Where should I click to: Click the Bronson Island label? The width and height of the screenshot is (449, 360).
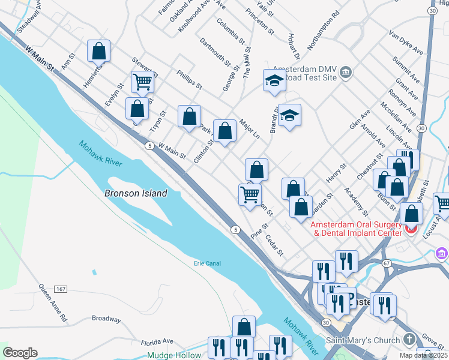[x=135, y=194]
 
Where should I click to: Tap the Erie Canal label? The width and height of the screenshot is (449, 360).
[x=208, y=263]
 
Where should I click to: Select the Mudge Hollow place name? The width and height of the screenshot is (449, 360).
[x=179, y=355]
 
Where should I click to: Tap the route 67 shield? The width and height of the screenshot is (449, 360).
[x=387, y=263]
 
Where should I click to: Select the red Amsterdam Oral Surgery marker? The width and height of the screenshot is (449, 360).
[x=411, y=229]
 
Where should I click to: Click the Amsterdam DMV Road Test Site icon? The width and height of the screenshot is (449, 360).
[x=346, y=73]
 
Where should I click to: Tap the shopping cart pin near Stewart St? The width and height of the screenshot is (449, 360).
[x=142, y=82]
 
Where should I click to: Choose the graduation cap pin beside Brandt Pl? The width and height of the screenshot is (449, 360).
[x=289, y=115]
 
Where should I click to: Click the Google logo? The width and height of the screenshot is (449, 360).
[x=20, y=353]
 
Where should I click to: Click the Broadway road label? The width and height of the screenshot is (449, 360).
[x=106, y=319]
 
